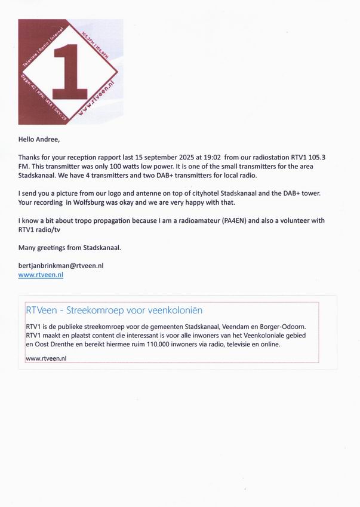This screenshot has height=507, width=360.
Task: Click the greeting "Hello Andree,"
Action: (39, 140)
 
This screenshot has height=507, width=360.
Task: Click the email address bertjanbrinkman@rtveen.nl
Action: (61, 265)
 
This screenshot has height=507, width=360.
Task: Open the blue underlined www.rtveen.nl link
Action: (41, 275)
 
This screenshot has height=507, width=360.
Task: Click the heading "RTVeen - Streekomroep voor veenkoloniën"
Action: (115, 311)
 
